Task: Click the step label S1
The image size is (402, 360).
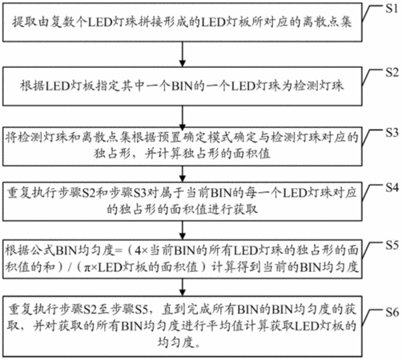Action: pyautogui.click(x=392, y=9)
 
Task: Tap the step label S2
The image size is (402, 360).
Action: pyautogui.click(x=392, y=73)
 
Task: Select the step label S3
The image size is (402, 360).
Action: pyautogui.click(x=392, y=133)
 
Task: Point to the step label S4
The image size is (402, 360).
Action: pyautogui.click(x=392, y=188)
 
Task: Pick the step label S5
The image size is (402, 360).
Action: pyautogui.click(x=392, y=245)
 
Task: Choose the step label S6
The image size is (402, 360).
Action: pyautogui.click(x=392, y=312)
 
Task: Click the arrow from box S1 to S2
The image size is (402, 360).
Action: pyautogui.click(x=183, y=54)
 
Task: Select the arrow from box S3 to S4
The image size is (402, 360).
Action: pyautogui.click(x=183, y=174)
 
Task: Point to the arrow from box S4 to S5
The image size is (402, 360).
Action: pyautogui.click(x=183, y=230)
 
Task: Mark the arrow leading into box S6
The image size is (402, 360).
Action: pyautogui.click(x=183, y=287)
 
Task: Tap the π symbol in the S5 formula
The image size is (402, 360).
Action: pyautogui.click(x=87, y=267)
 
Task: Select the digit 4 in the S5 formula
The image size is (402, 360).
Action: pyautogui.click(x=137, y=250)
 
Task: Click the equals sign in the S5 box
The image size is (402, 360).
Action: pyautogui.click(x=119, y=250)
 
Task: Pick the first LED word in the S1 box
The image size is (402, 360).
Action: pyautogui.click(x=99, y=22)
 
